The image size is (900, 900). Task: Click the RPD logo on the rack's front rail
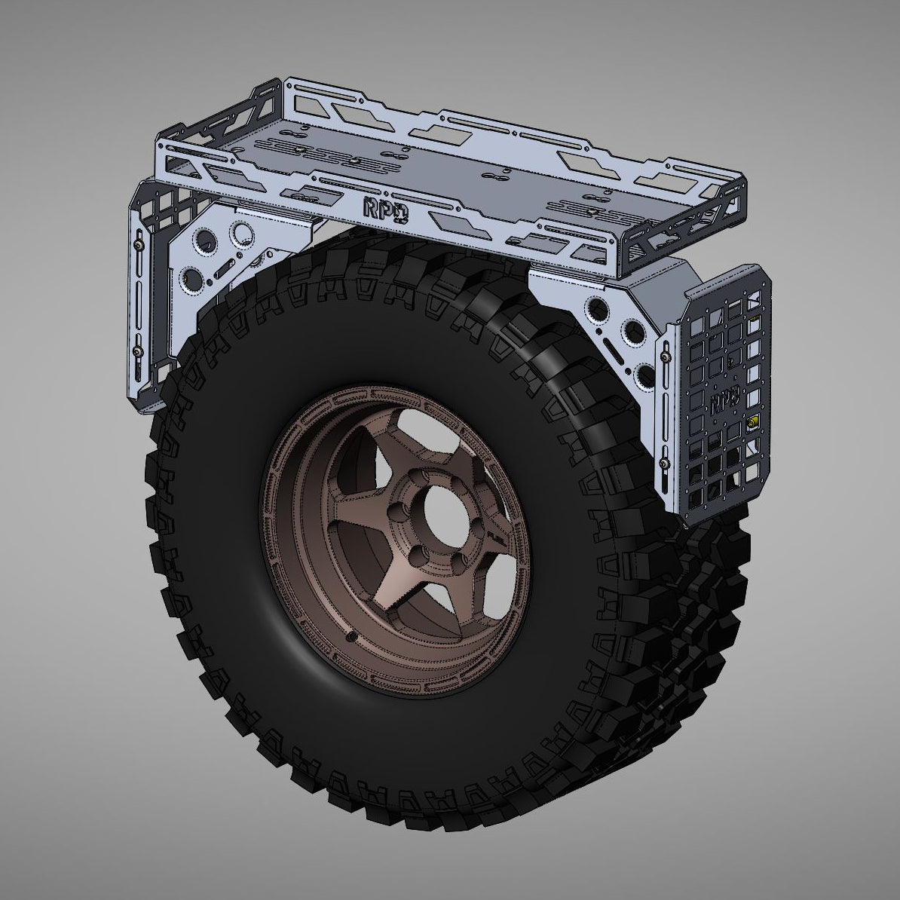pos(384,210)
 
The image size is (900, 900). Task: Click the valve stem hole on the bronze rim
pos(354,638)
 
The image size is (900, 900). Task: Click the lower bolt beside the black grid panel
pos(664,461)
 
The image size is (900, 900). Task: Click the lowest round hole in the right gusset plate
pos(643,373)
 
